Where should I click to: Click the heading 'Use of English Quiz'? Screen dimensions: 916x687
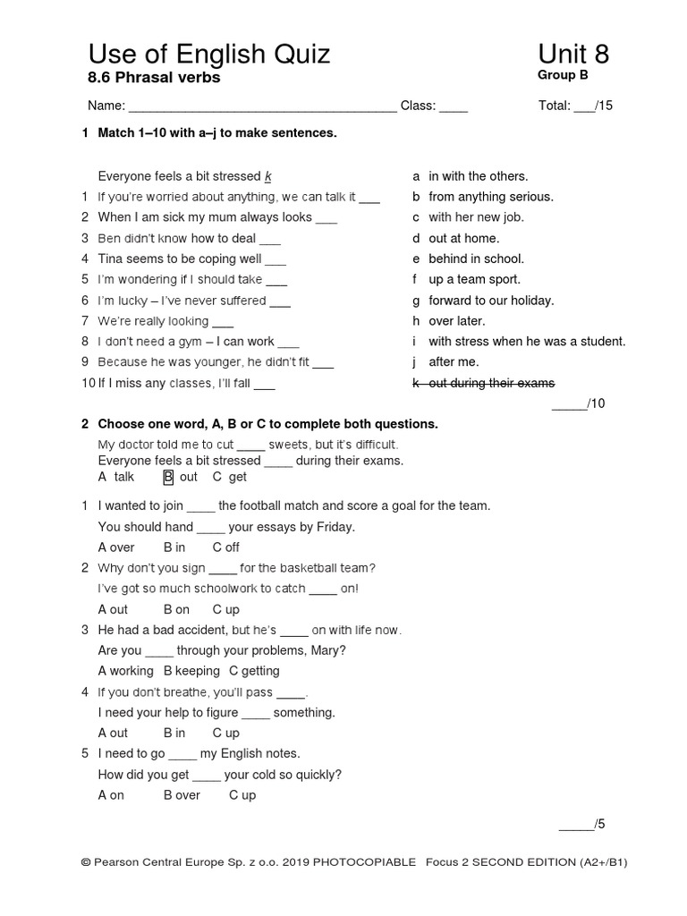[x=208, y=55]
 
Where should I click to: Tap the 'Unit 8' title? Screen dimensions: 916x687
[x=573, y=55]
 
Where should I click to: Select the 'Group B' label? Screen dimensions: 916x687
[x=563, y=75]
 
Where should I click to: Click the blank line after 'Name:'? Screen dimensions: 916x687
[x=263, y=107]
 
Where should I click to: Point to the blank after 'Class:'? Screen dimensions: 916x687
[x=454, y=107]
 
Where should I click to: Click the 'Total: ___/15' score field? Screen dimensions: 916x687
[x=575, y=106]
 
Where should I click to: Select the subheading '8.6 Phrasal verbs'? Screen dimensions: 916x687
[x=153, y=78]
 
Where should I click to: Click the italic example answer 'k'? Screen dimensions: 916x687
[x=267, y=176]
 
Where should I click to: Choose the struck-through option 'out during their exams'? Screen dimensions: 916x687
[x=491, y=383]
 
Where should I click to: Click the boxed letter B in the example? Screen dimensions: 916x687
[x=168, y=478]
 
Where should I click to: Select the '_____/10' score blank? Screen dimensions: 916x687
[x=579, y=403]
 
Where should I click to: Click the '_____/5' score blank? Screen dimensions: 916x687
[x=582, y=825]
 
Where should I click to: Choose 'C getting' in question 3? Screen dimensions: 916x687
[x=254, y=671]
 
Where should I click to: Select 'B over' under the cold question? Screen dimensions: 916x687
[x=182, y=795]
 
